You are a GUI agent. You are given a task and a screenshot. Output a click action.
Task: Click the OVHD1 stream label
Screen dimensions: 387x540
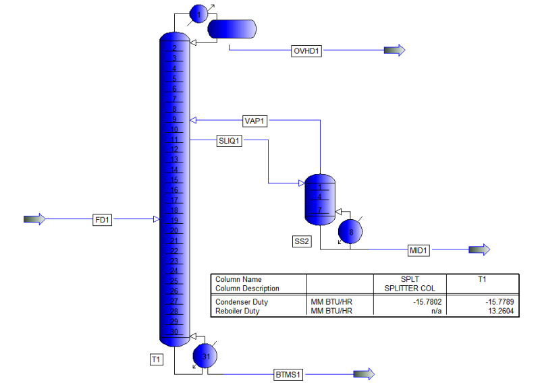tap(306, 51)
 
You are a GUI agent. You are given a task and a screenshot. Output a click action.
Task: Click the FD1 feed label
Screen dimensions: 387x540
tap(103, 220)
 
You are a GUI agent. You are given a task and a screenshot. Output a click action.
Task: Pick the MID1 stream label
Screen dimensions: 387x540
tap(418, 251)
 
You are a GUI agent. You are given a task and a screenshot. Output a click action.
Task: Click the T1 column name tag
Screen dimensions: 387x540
tap(156, 361)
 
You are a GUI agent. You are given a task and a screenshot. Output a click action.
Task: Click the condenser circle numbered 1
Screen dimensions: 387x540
tap(198, 13)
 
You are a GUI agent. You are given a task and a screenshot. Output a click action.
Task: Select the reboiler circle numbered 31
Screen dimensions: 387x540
tap(205, 355)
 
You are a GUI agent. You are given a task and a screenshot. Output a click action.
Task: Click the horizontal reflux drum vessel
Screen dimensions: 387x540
tap(232, 28)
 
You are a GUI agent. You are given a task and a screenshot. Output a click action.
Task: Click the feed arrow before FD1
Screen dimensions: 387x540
tap(34, 219)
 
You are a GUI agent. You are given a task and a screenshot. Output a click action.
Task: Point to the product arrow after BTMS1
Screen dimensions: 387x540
tap(364, 374)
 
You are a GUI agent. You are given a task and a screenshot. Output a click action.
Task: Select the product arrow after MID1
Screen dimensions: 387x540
tap(479, 250)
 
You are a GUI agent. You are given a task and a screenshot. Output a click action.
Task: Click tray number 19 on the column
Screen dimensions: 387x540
tap(173, 220)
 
